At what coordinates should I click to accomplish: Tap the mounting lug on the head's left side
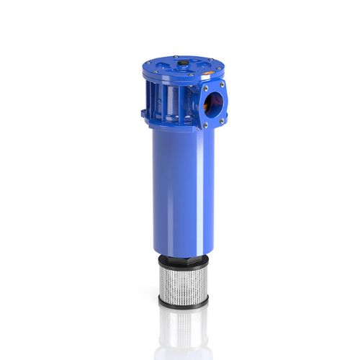click(x=143, y=112)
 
